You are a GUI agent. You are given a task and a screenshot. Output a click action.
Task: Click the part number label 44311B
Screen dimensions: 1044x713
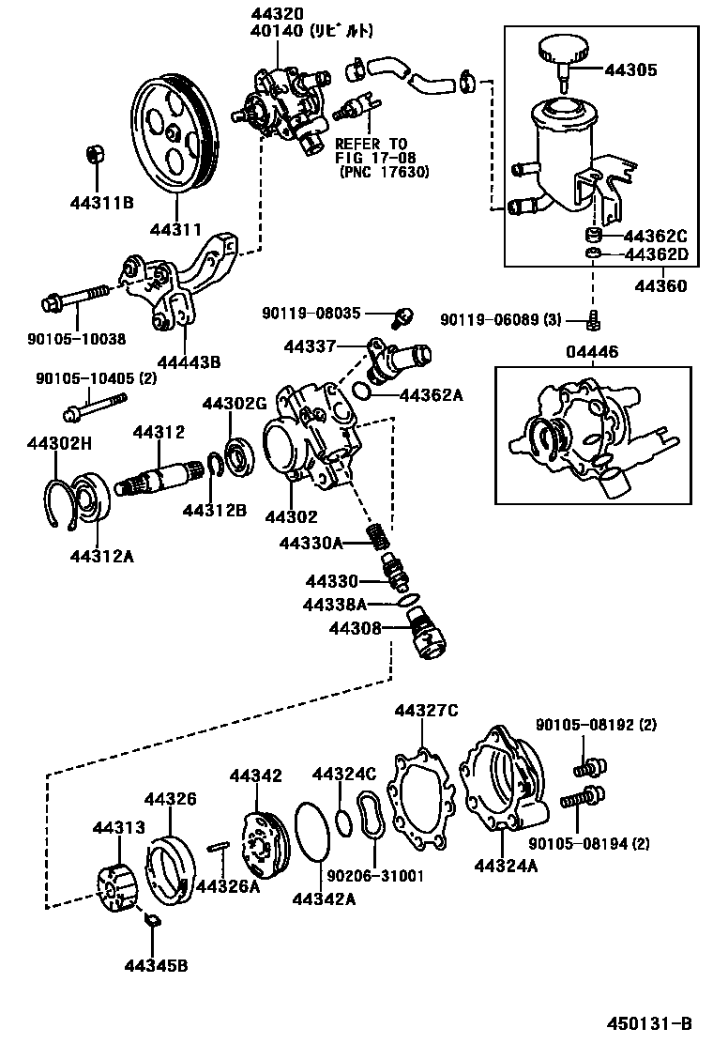pos(100,201)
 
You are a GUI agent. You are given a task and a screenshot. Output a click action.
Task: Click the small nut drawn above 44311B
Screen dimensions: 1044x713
pos(94,154)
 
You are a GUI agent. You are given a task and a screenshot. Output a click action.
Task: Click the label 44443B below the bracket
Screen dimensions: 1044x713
pos(189,361)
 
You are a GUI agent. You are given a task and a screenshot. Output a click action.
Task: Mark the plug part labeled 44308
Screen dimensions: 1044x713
pos(428,630)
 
